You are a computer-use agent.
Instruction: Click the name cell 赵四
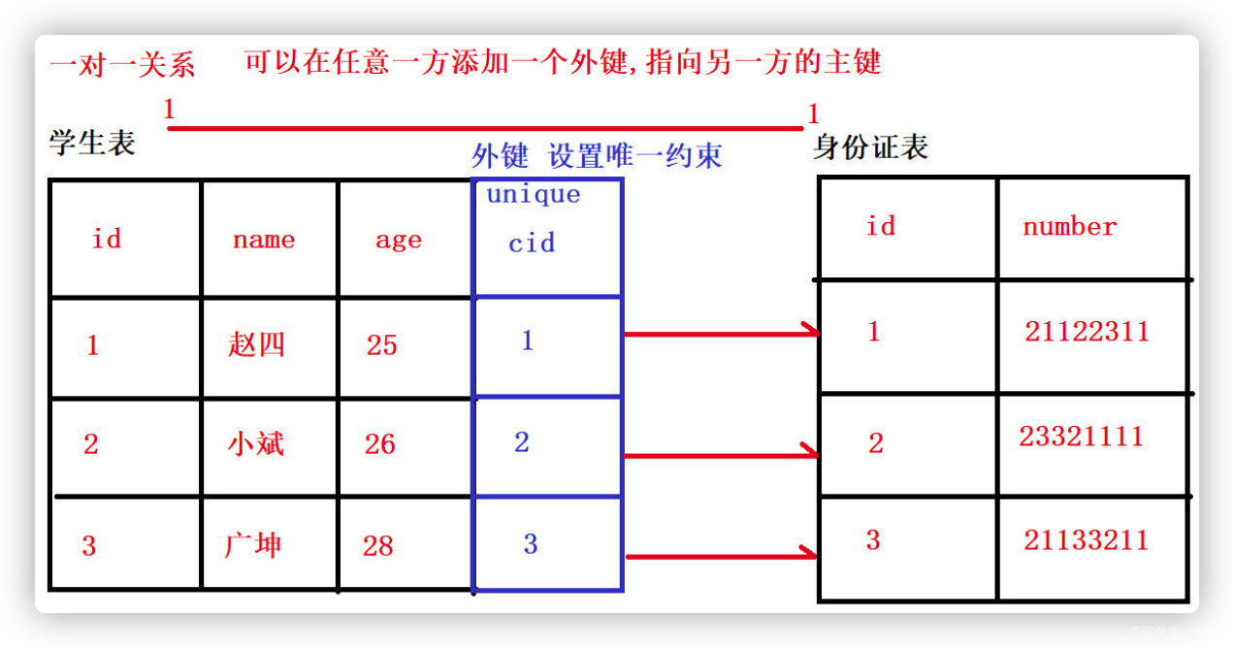[x=256, y=344]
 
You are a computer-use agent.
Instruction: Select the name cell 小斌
[x=255, y=444]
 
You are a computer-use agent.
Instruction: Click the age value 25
[x=381, y=345]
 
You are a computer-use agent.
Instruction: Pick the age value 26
[x=379, y=444]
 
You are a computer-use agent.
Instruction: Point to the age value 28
[x=377, y=546]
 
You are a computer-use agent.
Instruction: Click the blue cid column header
[x=532, y=243]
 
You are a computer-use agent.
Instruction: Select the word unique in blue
[x=533, y=194]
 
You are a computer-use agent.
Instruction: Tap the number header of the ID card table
[x=1069, y=227]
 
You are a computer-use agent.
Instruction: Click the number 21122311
[x=1087, y=332]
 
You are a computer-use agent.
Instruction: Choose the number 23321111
[x=1081, y=437]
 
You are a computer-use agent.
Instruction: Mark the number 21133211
[x=1086, y=540]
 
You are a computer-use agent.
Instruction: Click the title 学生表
[x=92, y=144]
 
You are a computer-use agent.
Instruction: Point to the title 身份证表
[x=870, y=147]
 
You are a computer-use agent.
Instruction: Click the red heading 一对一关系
[x=122, y=65]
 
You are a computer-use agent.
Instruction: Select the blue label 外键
[x=500, y=155]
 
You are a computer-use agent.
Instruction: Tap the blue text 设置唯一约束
[x=635, y=155]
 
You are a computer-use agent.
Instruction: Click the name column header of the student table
[x=263, y=241]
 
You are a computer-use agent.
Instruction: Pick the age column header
[x=398, y=241]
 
